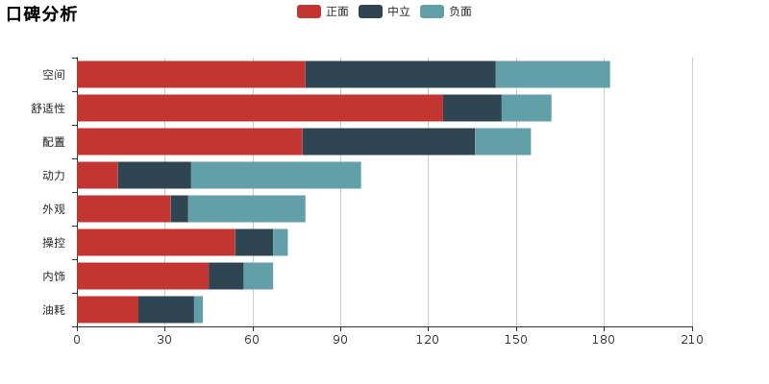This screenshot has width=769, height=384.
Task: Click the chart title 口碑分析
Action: (41, 13)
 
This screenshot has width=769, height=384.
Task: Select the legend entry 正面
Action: (324, 12)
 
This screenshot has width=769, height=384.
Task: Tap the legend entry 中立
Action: (385, 12)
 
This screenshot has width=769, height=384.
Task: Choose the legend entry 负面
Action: (447, 12)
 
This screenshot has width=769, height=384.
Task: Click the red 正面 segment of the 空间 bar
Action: (190, 75)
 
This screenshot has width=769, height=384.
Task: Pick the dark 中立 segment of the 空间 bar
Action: (400, 75)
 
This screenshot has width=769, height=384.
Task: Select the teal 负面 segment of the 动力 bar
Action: (276, 176)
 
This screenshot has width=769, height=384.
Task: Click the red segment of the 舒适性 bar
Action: (260, 108)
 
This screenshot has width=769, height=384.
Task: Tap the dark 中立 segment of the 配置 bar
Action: (388, 142)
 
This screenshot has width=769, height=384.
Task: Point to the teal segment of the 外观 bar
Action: (246, 209)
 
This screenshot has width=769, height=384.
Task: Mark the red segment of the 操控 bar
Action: (156, 243)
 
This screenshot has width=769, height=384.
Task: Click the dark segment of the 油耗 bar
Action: (166, 310)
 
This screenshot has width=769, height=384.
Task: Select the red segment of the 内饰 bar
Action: (142, 276)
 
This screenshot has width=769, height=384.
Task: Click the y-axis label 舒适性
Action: (48, 108)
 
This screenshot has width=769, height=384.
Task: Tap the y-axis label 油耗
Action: (54, 310)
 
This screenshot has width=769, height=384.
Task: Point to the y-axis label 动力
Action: (54, 176)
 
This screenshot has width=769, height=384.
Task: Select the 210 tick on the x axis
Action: (692, 340)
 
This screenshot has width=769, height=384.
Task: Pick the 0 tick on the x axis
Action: (77, 340)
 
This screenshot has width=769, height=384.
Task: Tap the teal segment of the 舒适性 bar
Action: (526, 108)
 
